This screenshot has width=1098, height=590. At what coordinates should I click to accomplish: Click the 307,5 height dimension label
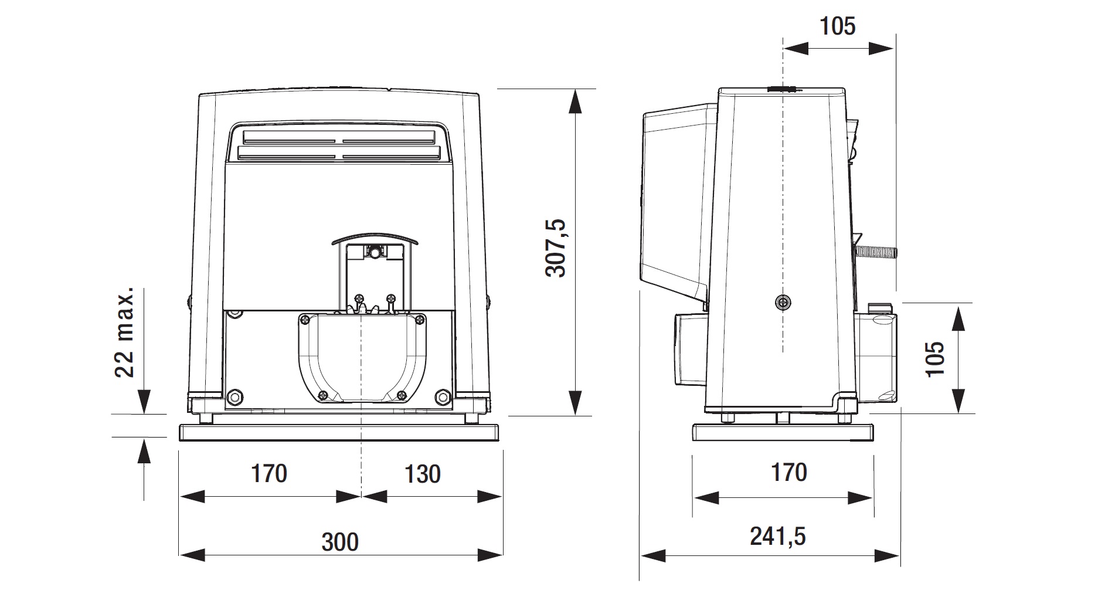(x=555, y=247)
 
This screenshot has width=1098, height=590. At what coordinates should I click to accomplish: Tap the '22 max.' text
(x=124, y=332)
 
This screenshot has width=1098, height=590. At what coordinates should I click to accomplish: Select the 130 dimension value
(x=422, y=474)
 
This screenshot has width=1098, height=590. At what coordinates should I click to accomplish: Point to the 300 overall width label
(x=340, y=542)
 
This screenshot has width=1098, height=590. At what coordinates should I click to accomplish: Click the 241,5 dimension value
(x=778, y=536)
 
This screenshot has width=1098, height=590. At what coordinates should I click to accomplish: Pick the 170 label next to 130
(x=269, y=473)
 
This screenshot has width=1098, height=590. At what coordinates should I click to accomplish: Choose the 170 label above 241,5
(x=789, y=472)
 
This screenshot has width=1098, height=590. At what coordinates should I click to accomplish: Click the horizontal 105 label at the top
(x=837, y=26)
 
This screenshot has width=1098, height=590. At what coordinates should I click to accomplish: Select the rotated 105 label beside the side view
(x=936, y=359)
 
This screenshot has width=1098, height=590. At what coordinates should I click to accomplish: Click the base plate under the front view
(x=340, y=433)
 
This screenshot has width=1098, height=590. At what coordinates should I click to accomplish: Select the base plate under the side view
(x=783, y=432)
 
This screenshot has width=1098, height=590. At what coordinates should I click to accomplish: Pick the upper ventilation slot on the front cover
(x=339, y=137)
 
